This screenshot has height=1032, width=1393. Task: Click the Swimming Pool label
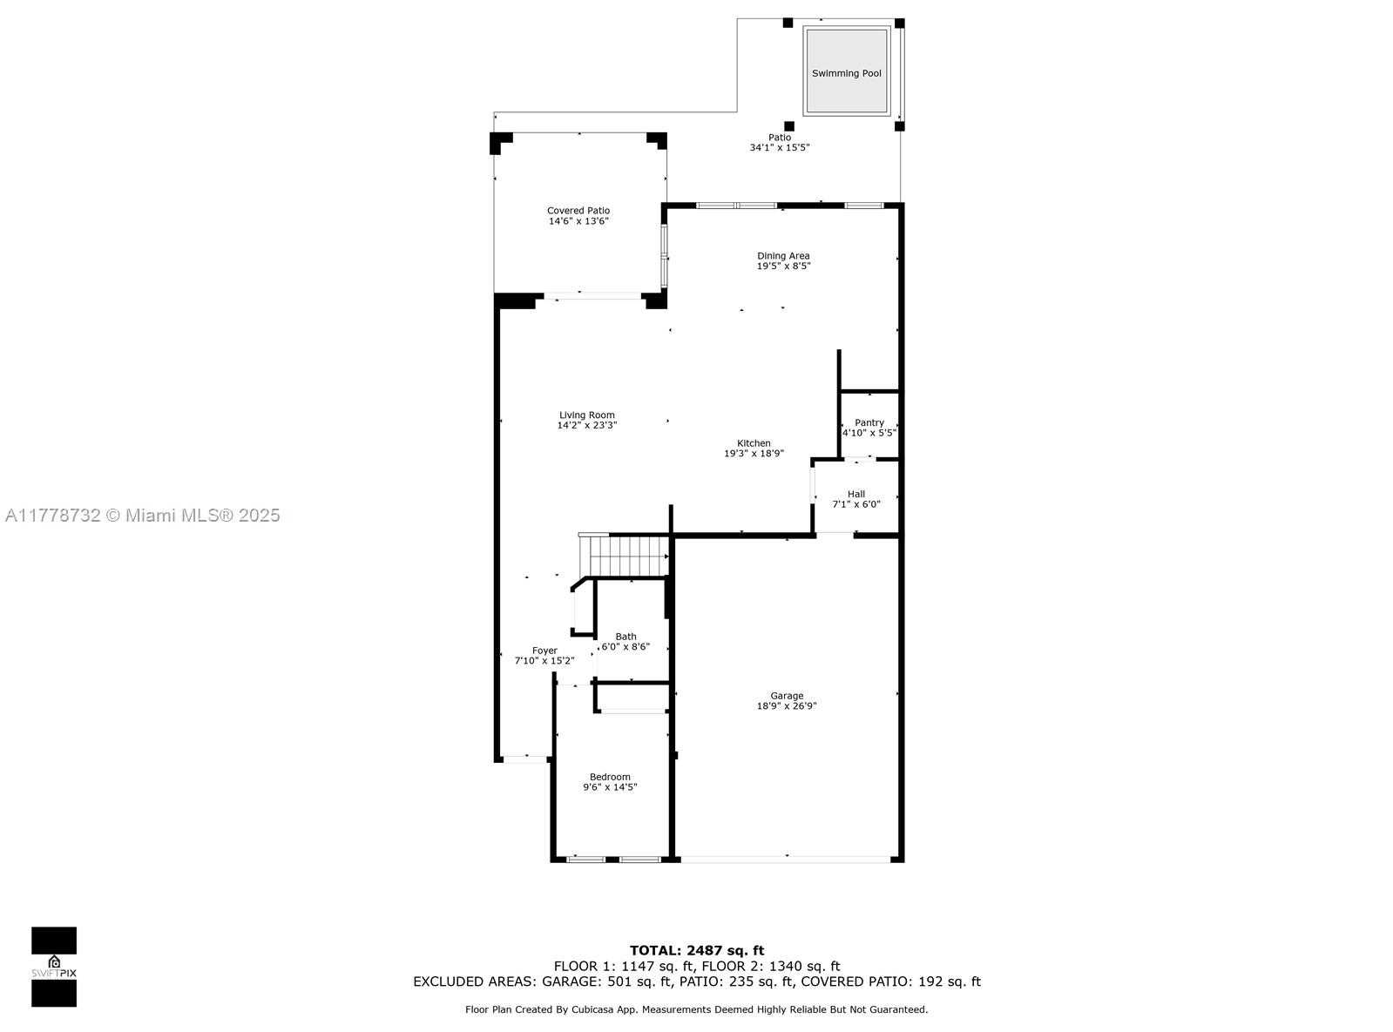click(846, 73)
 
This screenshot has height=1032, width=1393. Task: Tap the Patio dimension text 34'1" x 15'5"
click(780, 147)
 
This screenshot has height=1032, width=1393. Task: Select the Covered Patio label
click(578, 211)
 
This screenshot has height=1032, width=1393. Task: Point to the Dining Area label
click(783, 256)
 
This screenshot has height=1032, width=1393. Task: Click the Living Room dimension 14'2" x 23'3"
click(586, 425)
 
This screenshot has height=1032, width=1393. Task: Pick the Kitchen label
click(754, 442)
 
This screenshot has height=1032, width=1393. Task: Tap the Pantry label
click(869, 422)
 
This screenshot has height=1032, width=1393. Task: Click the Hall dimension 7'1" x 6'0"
click(856, 503)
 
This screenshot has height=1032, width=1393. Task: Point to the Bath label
click(625, 637)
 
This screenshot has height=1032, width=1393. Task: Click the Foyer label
click(544, 651)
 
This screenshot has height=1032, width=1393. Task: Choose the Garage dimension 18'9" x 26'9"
click(787, 705)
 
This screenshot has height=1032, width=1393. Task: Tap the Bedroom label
click(610, 777)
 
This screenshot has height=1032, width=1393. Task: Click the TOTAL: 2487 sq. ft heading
click(697, 950)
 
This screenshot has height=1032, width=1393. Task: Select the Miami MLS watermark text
click(143, 516)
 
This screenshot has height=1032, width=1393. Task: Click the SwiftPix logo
click(54, 967)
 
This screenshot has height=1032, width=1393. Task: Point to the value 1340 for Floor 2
click(787, 966)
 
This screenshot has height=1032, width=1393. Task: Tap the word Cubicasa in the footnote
click(592, 1009)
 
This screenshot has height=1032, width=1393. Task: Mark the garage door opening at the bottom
click(786, 859)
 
